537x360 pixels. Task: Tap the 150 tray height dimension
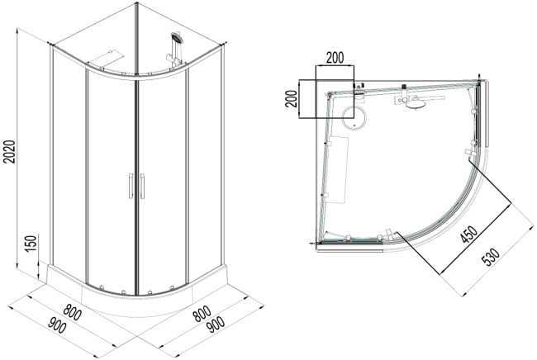click(x=31, y=246)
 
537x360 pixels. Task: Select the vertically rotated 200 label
click(x=290, y=99)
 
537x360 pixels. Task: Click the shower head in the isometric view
click(x=175, y=39)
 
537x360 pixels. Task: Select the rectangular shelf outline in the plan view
click(x=338, y=168)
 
